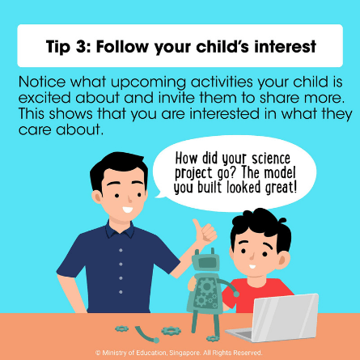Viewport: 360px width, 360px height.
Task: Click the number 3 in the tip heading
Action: point(80,46)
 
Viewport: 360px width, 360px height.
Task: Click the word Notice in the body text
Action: point(42,82)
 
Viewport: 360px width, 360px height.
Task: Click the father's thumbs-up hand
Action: point(205,232)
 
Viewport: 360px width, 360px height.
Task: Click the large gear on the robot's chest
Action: point(207,286)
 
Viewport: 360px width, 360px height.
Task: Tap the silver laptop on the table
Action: point(276,318)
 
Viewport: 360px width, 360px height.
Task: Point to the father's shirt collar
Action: point(120,230)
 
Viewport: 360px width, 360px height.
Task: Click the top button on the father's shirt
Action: point(121,250)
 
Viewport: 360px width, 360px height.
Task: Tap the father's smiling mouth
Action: point(128,210)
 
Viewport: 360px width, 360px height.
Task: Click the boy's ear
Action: point(284,260)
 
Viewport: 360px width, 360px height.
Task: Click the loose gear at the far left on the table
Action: point(121,328)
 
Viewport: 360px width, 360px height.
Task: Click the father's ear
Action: point(96,197)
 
